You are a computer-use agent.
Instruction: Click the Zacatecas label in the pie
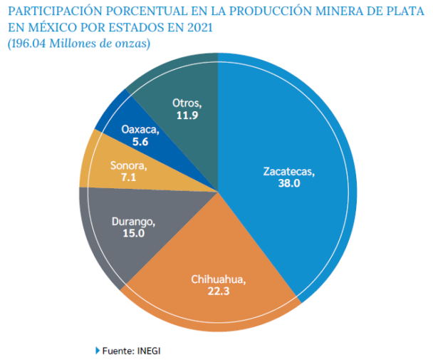(288, 172)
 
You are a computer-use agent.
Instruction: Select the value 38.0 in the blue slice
(288, 183)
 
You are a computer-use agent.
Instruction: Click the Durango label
(132, 222)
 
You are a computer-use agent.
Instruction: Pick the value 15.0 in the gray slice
(132, 233)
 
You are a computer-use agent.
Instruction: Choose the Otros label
(187, 103)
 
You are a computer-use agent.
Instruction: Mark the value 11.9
(187, 114)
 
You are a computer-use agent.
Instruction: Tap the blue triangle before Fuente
(98, 351)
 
